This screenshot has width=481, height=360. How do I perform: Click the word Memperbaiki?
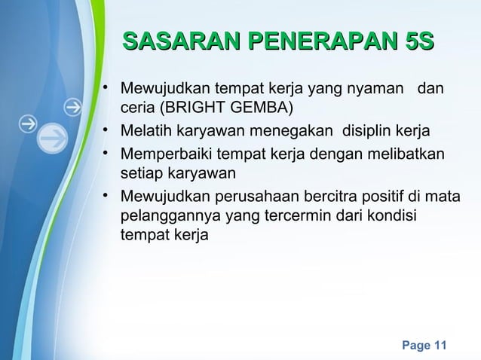tap(165, 155)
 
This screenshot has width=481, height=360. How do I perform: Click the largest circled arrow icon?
tap(53, 138)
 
